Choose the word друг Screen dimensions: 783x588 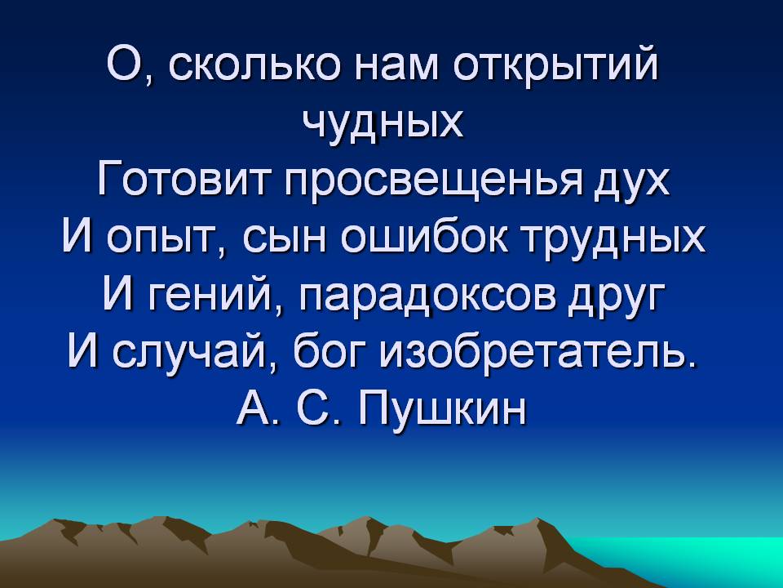[617, 296]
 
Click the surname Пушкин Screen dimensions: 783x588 [443, 409]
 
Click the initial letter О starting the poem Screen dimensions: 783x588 [124, 64]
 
